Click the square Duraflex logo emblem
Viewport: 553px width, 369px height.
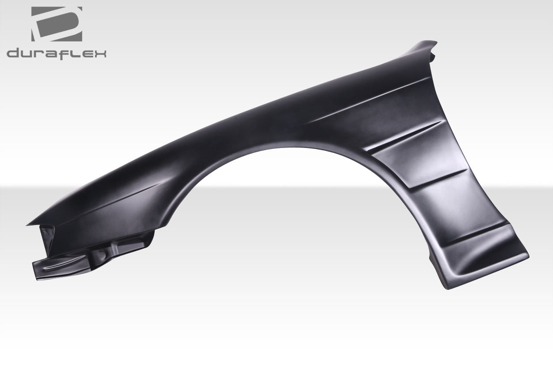coord(56,24)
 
